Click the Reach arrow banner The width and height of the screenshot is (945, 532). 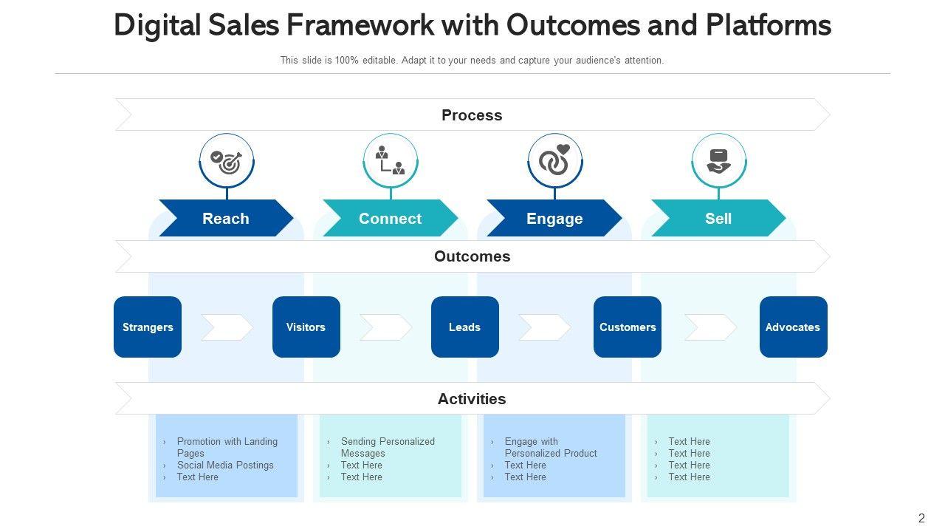[226, 218]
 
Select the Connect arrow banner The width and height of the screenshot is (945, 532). [391, 218]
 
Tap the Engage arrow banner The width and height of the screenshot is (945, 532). [554, 218]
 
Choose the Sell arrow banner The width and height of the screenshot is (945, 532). [718, 218]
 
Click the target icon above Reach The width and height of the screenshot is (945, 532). [227, 163]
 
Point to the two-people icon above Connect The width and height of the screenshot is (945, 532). [391, 160]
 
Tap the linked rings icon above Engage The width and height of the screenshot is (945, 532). [554, 160]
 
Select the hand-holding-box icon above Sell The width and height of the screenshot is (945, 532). [719, 161]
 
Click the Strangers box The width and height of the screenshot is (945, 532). [148, 327]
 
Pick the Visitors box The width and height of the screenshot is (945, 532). [306, 327]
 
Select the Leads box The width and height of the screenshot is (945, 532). [465, 327]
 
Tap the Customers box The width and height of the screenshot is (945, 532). [628, 327]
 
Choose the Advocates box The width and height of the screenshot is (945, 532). [794, 327]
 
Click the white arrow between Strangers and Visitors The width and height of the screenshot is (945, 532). [227, 327]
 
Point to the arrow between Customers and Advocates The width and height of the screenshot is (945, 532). [710, 327]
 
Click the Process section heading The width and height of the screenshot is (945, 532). [472, 115]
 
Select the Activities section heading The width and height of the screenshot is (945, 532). [472, 398]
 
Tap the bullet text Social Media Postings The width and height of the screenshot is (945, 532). [225, 465]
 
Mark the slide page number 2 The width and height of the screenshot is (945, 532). [921, 518]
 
